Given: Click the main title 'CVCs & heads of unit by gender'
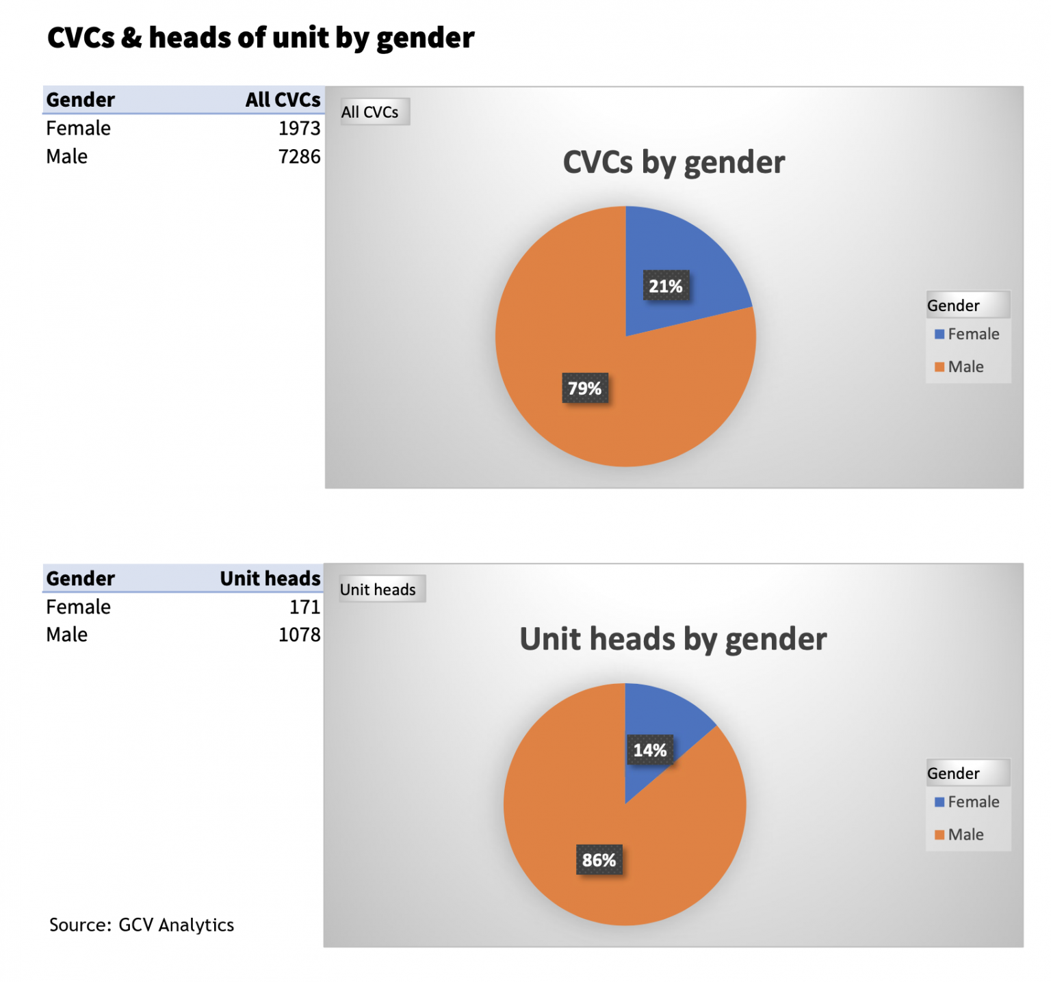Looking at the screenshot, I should pyautogui.click(x=260, y=38).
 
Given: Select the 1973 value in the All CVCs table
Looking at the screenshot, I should pyautogui.click(x=299, y=129).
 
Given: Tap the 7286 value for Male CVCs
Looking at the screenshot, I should pyautogui.click(x=299, y=157).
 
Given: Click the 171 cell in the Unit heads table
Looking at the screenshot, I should pyautogui.click(x=304, y=607).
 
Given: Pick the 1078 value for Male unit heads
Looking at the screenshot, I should pyautogui.click(x=299, y=635).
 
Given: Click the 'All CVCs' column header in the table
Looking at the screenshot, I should pyautogui.click(x=283, y=100).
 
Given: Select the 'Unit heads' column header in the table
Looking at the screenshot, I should pyautogui.click(x=270, y=579).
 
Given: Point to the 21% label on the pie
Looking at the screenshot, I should pyautogui.click(x=665, y=287).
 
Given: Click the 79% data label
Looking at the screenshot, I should pyautogui.click(x=584, y=388).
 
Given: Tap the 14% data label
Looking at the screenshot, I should pyautogui.click(x=649, y=750).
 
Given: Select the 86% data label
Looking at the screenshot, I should pyautogui.click(x=599, y=860).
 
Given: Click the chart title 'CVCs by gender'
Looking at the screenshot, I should pyautogui.click(x=673, y=163).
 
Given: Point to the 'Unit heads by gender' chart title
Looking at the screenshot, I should pyautogui.click(x=673, y=639).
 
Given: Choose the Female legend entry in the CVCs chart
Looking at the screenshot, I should pyautogui.click(x=966, y=334).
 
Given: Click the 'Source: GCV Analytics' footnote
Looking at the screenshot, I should pyautogui.click(x=142, y=925).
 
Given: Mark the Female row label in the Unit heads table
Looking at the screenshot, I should pyautogui.click(x=78, y=607).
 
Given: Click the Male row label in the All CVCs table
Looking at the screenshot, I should pyautogui.click(x=66, y=157).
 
